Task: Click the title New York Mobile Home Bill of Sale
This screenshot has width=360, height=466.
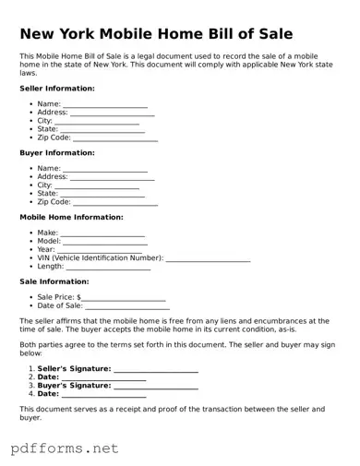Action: pyautogui.click(x=156, y=34)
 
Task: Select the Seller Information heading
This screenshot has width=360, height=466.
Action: pyautogui.click(x=57, y=89)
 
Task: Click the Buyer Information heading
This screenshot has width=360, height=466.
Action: pyautogui.click(x=57, y=153)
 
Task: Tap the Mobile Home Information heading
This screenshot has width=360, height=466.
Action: pyautogui.click(x=71, y=218)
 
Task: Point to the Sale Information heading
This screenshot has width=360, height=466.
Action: pyautogui.click(x=54, y=281)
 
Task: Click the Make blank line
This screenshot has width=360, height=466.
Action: pyautogui.click(x=102, y=234)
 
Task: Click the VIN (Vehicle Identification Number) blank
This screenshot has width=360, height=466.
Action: pyautogui.click(x=208, y=259)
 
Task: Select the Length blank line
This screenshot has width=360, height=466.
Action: pyautogui.click(x=108, y=268)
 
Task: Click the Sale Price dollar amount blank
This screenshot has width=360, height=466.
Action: pyautogui.click(x=125, y=299)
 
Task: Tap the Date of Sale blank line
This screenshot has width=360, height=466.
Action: pyautogui.click(x=127, y=307)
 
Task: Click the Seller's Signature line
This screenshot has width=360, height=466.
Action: pyautogui.click(x=156, y=371)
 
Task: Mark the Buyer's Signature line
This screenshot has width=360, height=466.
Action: pyautogui.click(x=156, y=387)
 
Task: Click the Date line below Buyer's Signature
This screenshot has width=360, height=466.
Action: pyautogui.click(x=103, y=395)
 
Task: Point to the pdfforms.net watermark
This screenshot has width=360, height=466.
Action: pyautogui.click(x=65, y=448)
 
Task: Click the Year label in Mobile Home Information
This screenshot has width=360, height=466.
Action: pyautogui.click(x=46, y=250)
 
